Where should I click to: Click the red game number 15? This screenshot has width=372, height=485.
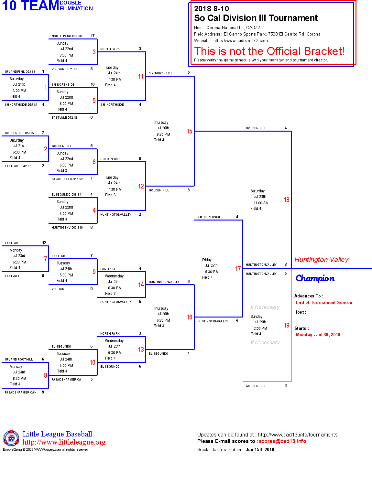click(x=189, y=131)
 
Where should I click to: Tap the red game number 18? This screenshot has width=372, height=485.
click(x=286, y=200)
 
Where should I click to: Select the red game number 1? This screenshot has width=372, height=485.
click(x=46, y=88)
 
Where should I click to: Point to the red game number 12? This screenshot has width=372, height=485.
click(x=141, y=186)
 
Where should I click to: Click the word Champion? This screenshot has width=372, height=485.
click(x=315, y=278)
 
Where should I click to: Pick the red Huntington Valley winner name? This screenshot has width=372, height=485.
click(x=321, y=260)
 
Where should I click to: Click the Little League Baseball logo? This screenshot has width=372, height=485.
click(x=11, y=438)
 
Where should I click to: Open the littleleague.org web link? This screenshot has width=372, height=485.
click(x=64, y=442)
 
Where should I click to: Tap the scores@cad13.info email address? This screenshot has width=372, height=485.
click(x=282, y=441)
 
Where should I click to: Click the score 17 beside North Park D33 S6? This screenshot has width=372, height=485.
click(x=93, y=36)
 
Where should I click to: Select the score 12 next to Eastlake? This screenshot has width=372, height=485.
click(x=44, y=243)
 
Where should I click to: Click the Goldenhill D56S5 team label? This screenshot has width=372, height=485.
click(x=19, y=133)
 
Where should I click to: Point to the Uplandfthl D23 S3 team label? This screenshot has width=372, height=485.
click(x=20, y=72)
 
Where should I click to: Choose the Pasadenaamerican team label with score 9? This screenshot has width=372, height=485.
click(x=21, y=393)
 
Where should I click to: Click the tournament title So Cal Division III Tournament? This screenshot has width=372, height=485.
click(x=256, y=18)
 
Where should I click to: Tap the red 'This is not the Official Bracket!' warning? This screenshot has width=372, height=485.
click(x=269, y=51)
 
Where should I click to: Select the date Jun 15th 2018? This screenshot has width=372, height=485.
click(x=260, y=450)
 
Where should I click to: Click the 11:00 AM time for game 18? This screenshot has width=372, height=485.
click(x=261, y=203)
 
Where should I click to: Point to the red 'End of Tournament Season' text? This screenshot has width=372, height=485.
click(x=324, y=303)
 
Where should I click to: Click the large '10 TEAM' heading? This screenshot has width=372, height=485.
click(x=30, y=6)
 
